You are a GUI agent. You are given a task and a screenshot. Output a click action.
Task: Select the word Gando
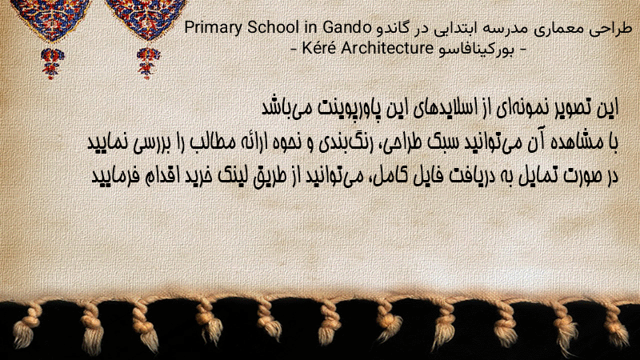tap(347, 28)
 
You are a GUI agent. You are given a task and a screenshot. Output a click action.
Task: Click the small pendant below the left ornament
tap(52, 62)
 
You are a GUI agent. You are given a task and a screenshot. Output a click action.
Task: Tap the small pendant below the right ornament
tap(148, 62)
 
